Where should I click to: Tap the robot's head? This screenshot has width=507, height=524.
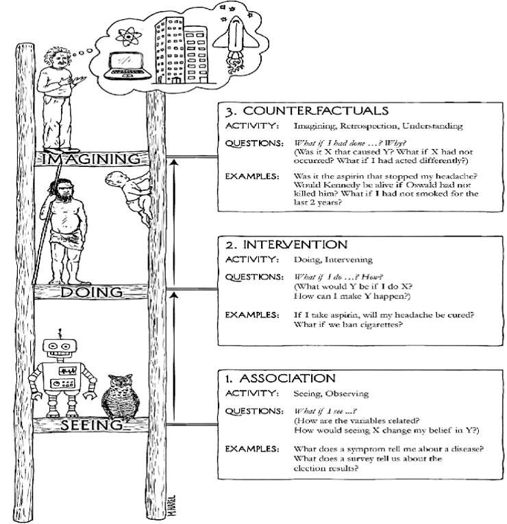point(60,348)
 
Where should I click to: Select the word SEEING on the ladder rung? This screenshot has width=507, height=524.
point(92,425)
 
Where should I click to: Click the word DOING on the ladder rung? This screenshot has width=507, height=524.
point(91,292)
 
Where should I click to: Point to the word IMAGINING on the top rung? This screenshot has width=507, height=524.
point(91,159)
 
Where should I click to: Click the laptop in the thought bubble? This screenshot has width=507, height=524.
point(127,66)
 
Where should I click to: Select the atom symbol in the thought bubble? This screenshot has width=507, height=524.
point(128,36)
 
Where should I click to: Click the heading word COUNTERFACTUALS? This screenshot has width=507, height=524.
point(316,111)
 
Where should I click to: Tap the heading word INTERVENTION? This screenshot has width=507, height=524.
point(295,245)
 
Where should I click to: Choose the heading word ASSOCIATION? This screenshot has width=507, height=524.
point(288,378)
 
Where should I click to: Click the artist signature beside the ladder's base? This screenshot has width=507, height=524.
point(172,506)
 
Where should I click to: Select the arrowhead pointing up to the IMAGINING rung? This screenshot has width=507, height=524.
point(174,162)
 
